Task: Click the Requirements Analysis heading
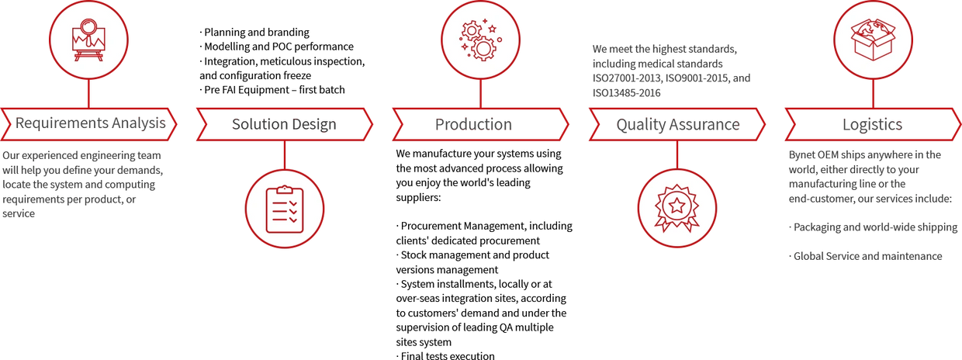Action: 90,123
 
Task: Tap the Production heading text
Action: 473,124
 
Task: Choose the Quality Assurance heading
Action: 677,124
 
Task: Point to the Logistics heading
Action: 872,124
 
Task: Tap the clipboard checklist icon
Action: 284,208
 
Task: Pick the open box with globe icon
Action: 874,39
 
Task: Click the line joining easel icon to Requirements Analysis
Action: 89,94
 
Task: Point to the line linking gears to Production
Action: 480,94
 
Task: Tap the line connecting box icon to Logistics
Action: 874,94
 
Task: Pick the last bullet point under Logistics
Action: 864,256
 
